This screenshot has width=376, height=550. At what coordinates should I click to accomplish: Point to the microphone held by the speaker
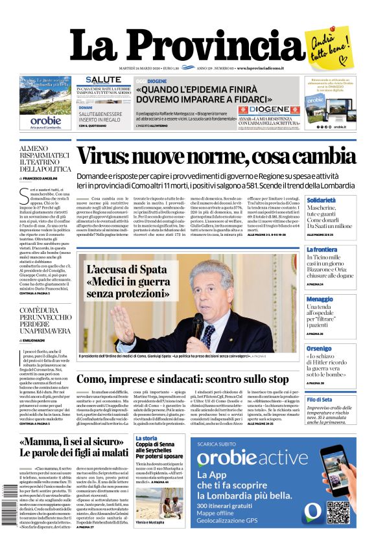[197, 322]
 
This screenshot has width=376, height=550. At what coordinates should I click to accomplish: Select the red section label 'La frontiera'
[322, 249]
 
